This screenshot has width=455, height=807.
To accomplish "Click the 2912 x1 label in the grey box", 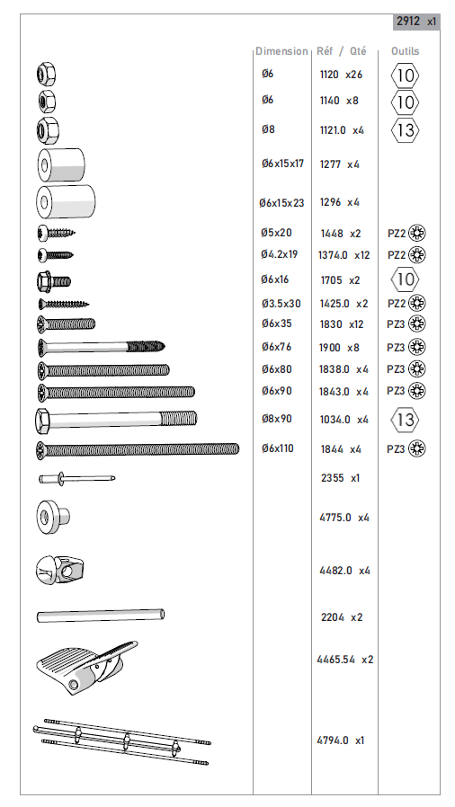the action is point(416,22).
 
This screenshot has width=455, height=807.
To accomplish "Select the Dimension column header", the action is point(281,51).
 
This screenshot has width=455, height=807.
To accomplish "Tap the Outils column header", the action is point(405,51).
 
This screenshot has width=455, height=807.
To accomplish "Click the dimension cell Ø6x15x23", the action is point(281,203).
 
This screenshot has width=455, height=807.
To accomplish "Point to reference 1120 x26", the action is point(341,75).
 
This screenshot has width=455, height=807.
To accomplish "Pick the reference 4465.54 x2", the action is point(345,660).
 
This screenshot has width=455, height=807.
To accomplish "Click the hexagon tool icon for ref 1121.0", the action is point(405,130).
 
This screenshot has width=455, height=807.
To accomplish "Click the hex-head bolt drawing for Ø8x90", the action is point(116,419).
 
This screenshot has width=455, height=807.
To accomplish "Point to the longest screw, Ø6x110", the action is point(138,449).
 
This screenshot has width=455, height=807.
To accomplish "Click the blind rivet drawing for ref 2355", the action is point(76,479).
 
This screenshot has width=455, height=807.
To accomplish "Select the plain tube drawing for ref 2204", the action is point(101,615).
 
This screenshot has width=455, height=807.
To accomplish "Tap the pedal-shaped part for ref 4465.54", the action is point(85,667).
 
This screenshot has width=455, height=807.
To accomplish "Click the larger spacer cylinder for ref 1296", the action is point(66,201).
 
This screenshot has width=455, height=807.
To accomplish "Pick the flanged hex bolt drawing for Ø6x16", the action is point(54,281).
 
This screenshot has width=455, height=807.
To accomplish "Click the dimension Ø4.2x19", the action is point(279,254).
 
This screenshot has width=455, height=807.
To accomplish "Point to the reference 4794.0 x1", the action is point(340,740).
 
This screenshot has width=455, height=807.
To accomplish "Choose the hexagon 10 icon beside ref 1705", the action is point(405,279).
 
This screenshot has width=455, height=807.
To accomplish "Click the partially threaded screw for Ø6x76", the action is point(101,348).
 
